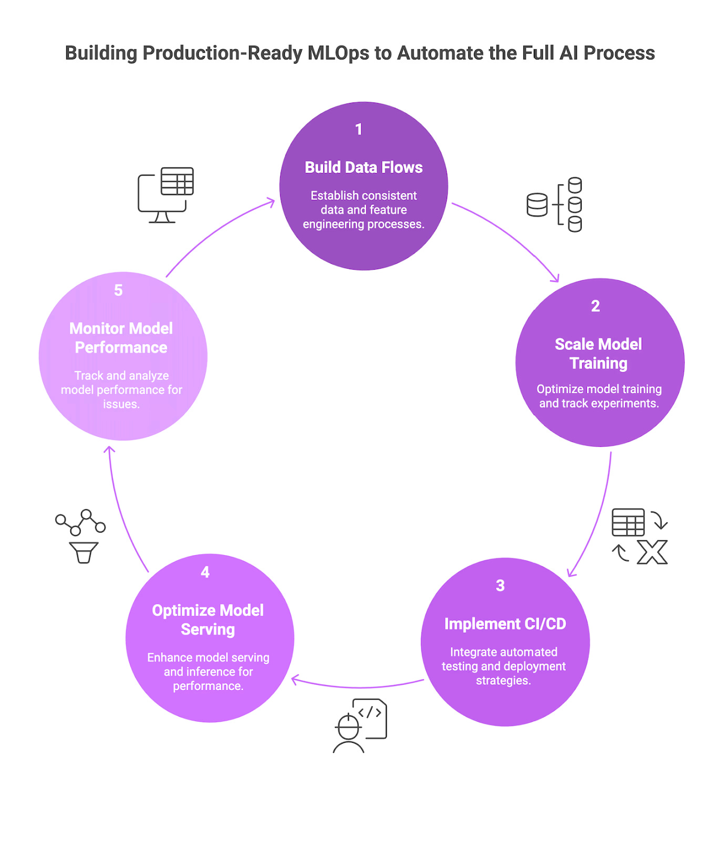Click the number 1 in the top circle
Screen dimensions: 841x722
(359, 129)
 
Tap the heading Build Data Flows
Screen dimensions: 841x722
(364, 167)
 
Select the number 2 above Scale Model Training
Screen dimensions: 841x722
(595, 306)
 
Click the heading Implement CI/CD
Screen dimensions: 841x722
(505, 624)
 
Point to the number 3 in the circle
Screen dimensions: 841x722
(500, 586)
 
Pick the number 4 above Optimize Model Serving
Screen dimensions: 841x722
(205, 572)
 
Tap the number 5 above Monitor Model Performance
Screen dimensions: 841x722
(118, 290)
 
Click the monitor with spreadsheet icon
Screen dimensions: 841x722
(166, 195)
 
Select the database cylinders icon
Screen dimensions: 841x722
(554, 204)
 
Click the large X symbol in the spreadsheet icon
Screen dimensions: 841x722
(652, 552)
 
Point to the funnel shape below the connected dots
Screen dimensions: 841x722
(84, 552)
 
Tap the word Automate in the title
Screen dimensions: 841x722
(441, 53)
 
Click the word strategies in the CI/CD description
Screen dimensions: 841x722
(503, 681)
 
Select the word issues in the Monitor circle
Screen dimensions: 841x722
(121, 404)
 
